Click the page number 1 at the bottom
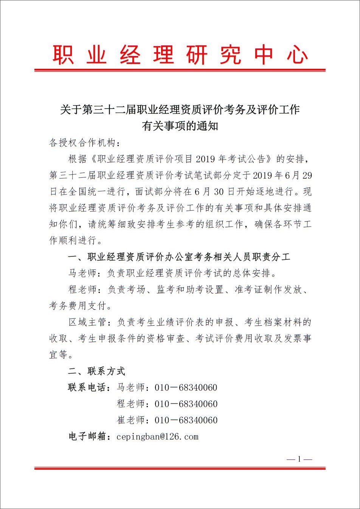(x=299, y=459)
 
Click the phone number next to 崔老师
(x=186, y=420)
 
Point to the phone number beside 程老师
(x=186, y=404)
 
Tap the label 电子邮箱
(x=88, y=437)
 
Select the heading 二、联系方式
(x=96, y=371)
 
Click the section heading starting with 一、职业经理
(x=179, y=257)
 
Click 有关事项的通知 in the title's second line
(x=180, y=126)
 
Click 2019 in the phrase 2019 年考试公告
(x=205, y=159)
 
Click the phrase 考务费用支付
(x=78, y=306)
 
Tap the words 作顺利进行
(x=73, y=240)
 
